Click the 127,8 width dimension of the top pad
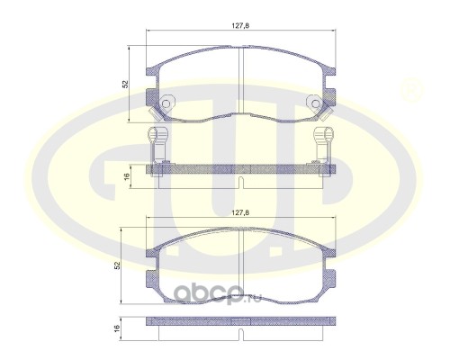pos(240,26)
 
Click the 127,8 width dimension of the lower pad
pos(240,212)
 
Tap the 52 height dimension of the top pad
pos(125,84)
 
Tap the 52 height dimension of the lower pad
pos(117,265)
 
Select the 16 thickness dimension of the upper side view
pos(126,175)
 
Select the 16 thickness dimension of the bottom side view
pos(117,327)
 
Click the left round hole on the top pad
pos(166,103)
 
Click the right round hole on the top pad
pos(315,103)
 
